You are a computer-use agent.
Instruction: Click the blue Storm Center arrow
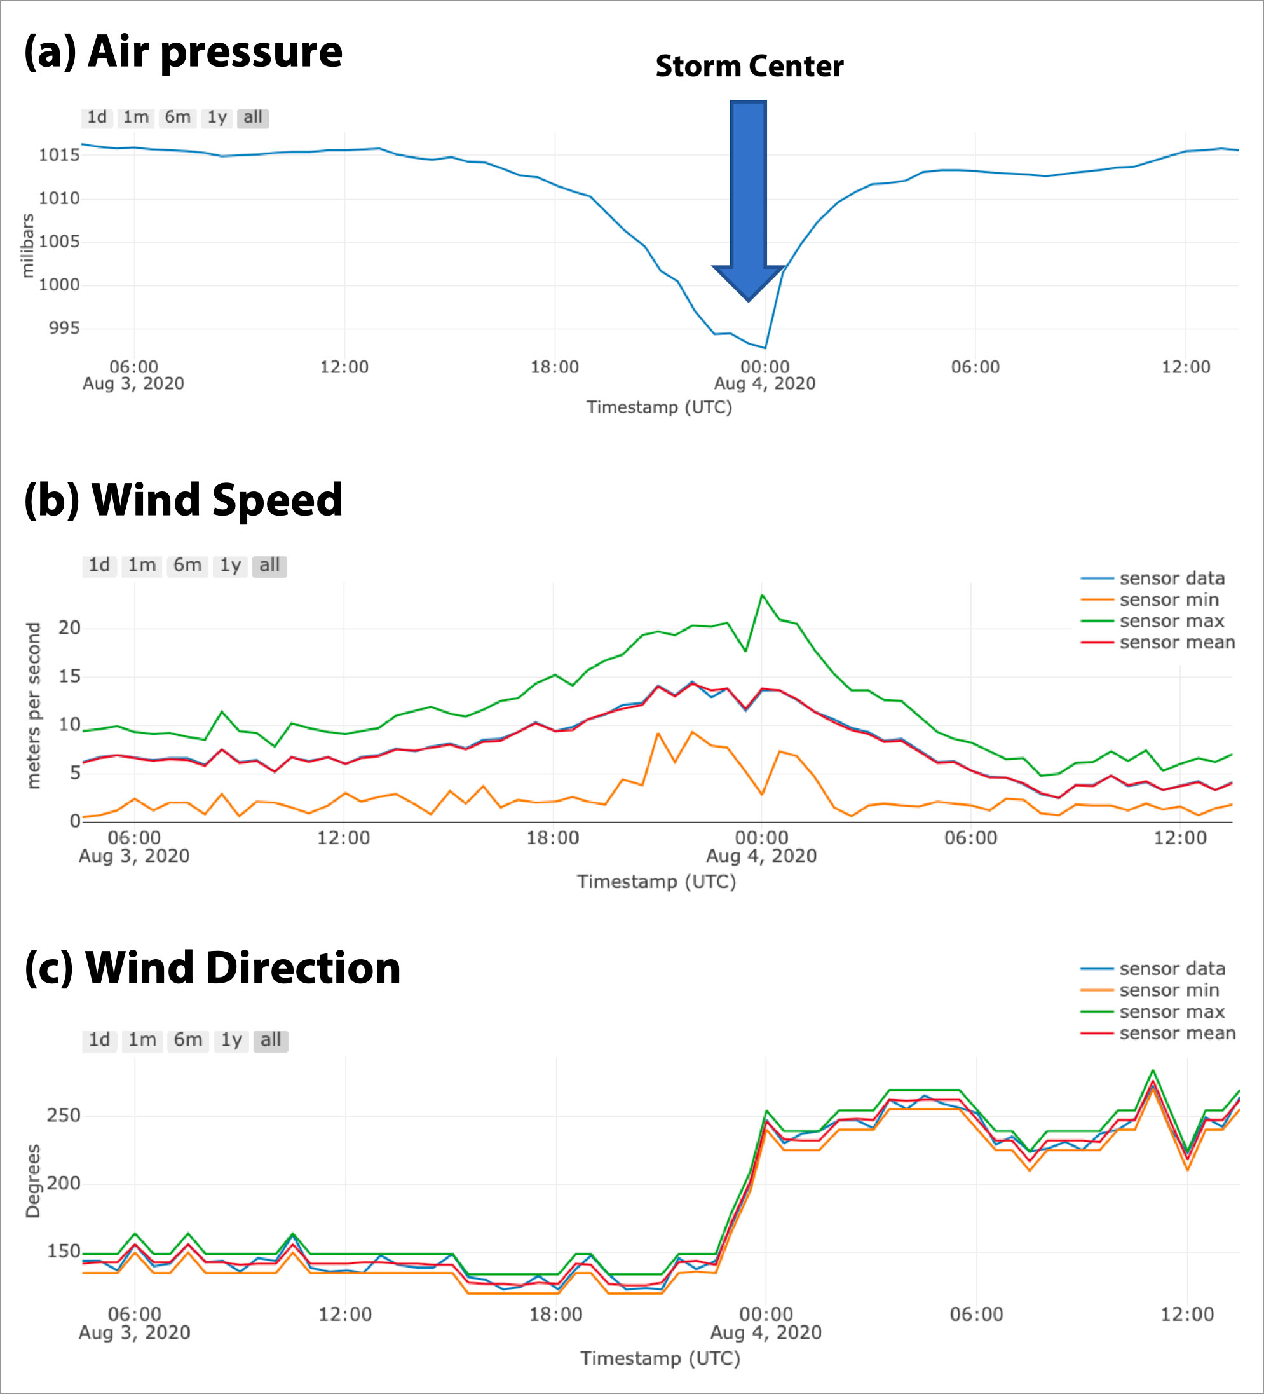(x=748, y=194)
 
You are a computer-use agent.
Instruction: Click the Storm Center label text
(x=749, y=66)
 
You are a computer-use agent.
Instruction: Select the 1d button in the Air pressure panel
(x=97, y=118)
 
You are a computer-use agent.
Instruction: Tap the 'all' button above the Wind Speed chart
(x=269, y=566)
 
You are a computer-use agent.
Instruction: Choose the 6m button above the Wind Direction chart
(x=187, y=1040)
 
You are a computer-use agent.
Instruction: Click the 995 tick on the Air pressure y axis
(x=64, y=328)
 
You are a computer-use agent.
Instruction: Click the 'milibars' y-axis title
(x=28, y=245)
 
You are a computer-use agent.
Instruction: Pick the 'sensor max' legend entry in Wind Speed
(x=1171, y=621)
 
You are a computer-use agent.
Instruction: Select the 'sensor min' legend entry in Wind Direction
(x=1169, y=990)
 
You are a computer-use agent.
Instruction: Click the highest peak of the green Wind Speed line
(x=762, y=595)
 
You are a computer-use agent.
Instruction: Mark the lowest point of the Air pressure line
(x=765, y=348)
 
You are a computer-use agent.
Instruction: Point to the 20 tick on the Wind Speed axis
(x=69, y=628)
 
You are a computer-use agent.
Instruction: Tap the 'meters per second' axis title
(x=33, y=706)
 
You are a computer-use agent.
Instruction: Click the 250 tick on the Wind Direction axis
(x=64, y=1116)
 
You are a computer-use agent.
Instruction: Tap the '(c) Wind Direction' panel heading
(x=212, y=967)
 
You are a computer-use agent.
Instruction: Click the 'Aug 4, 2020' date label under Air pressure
(x=764, y=384)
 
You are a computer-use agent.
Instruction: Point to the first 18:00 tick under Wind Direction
(x=555, y=1314)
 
